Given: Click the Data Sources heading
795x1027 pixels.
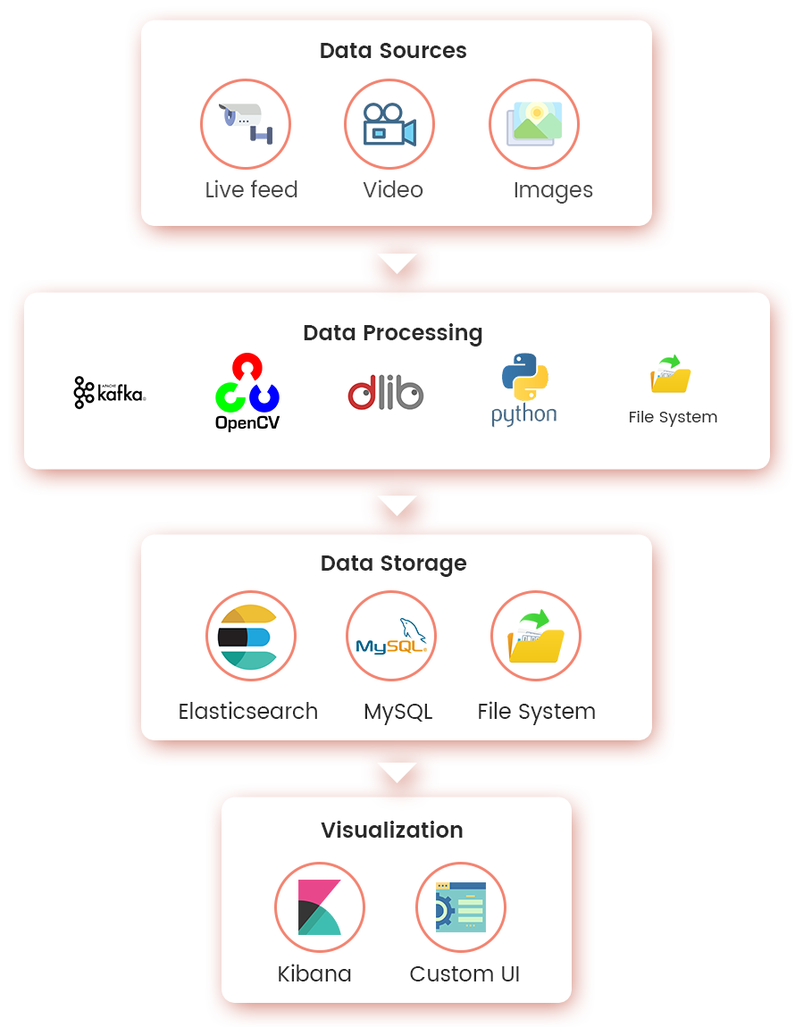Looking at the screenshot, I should pyautogui.click(x=393, y=51).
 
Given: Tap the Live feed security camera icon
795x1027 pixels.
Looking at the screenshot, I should pyautogui.click(x=246, y=123).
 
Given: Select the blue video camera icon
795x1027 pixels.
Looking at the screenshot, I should pyautogui.click(x=389, y=124).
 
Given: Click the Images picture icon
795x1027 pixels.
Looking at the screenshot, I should pyautogui.click(x=534, y=124).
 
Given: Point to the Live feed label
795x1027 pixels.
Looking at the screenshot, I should pyautogui.click(x=251, y=190).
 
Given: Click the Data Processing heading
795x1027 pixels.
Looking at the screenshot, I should pyautogui.click(x=393, y=333).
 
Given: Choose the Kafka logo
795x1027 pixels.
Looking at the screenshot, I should pyautogui.click(x=109, y=392).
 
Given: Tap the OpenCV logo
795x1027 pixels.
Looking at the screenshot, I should pyautogui.click(x=247, y=392).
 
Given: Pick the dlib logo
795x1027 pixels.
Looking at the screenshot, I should pyautogui.click(x=385, y=393).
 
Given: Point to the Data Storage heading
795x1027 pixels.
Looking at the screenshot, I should pyautogui.click(x=393, y=564).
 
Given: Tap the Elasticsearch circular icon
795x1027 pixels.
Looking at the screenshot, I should pyautogui.click(x=250, y=637).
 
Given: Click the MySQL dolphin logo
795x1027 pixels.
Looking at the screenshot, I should pyautogui.click(x=391, y=636).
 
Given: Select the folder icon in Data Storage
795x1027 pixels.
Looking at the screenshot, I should pyautogui.click(x=536, y=636).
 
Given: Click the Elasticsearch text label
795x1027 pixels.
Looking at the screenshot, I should pyautogui.click(x=248, y=712).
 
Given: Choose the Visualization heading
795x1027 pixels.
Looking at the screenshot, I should pyautogui.click(x=392, y=830).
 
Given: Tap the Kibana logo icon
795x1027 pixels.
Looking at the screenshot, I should pyautogui.click(x=319, y=906).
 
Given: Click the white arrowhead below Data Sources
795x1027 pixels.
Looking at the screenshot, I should pyautogui.click(x=397, y=263).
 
